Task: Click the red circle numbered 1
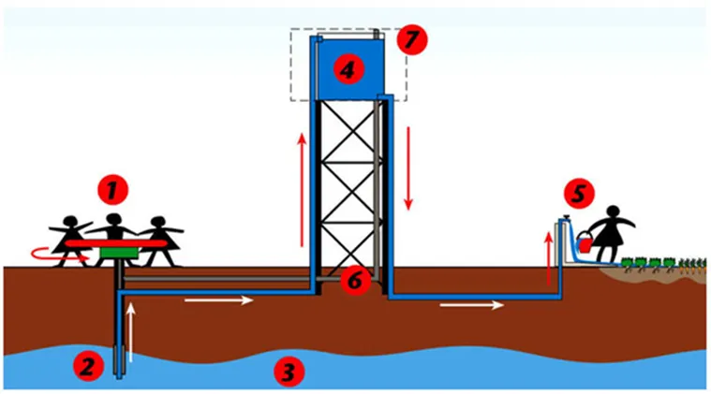113,190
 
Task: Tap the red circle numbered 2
88,366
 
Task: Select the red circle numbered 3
289,372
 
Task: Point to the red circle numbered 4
348,70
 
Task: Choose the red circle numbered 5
579,194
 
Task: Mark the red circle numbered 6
355,281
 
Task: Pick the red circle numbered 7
412,39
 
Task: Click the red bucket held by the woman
585,243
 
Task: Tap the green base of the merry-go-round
118,253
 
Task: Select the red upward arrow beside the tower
302,190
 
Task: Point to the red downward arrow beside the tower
408,168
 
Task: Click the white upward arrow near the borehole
131,332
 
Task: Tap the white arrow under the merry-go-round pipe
218,299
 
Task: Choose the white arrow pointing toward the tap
471,305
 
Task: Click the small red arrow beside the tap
549,259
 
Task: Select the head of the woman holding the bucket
613,212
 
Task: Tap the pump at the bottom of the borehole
119,361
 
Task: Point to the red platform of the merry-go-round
116,243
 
